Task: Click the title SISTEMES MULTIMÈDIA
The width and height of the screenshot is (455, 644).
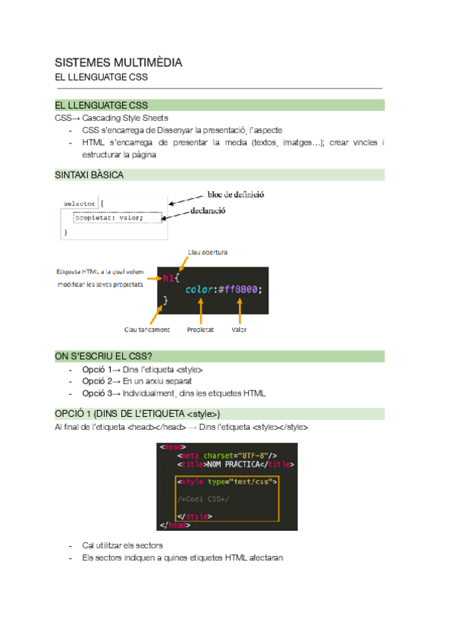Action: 118,62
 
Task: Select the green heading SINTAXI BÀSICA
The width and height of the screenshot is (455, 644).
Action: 89,175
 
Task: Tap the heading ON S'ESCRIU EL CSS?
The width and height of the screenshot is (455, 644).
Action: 104,355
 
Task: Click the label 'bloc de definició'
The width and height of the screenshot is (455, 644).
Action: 236,194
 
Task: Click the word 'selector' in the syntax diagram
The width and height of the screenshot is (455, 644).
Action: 80,204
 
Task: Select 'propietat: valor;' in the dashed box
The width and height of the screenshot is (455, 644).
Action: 119,218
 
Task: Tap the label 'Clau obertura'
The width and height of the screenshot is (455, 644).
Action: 207,252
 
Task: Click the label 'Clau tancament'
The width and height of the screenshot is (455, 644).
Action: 147,330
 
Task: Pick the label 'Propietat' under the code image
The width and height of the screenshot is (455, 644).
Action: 200,330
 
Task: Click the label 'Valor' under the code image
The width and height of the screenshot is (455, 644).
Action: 240,330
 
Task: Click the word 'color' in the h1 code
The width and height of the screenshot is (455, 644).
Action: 199,289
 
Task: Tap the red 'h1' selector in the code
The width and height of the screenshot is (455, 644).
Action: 168,278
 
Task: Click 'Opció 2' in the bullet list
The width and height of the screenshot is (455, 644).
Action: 95,381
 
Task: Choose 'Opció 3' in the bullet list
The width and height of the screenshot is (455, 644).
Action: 95,393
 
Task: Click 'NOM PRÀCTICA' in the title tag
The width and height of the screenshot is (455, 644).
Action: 229,464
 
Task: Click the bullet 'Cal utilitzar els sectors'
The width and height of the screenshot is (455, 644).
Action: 122,545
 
